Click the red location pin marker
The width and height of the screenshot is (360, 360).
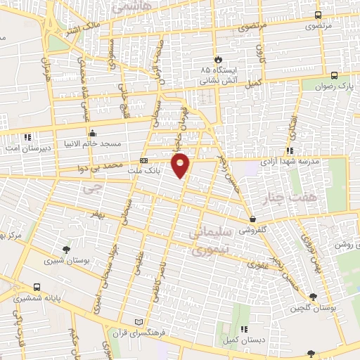[181, 165]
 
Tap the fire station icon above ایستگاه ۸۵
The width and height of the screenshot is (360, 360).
[218, 60]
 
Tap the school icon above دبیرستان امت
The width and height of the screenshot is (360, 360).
[28, 137]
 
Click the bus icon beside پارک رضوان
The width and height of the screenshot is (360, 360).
[333, 75]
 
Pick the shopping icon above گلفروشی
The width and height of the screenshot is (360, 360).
[252, 219]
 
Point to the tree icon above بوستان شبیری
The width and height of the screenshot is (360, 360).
[66, 250]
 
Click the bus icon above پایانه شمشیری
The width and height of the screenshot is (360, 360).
[36, 287]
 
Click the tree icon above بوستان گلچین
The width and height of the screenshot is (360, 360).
[313, 297]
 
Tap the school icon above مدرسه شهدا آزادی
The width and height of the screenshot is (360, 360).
[290, 150]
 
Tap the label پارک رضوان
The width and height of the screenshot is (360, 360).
[333, 86]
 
